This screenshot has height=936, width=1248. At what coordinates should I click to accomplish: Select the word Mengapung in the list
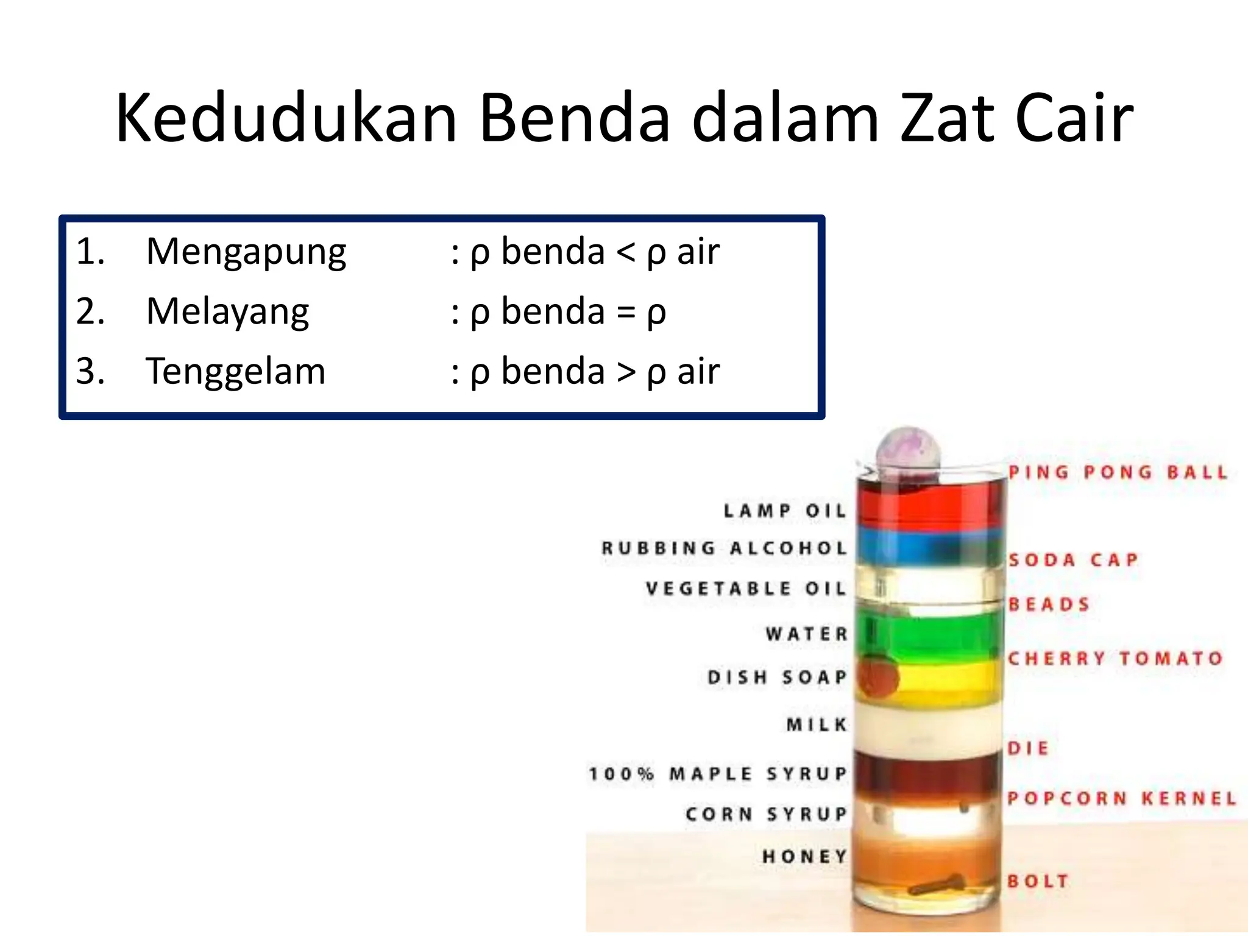point(246,252)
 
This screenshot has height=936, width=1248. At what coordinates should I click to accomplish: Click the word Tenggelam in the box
point(236,371)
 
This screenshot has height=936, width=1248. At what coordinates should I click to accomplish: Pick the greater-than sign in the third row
point(626,372)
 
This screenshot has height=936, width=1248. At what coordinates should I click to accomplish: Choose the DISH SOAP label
point(777,677)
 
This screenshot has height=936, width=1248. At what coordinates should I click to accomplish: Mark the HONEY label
point(804,856)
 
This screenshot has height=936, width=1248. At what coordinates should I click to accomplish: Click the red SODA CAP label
point(1073,559)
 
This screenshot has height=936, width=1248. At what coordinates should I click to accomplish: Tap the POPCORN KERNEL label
point(1121,798)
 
